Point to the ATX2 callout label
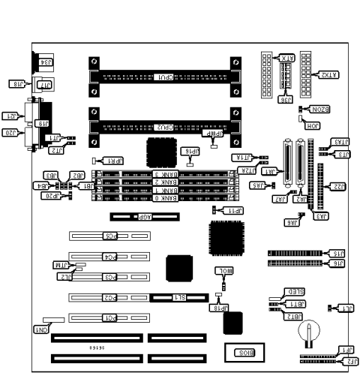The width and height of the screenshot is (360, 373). click(327, 75)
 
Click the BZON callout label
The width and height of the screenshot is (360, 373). click(315, 110)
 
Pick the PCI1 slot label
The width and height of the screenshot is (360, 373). click(111, 317)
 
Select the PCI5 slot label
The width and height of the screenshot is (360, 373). click(111, 236)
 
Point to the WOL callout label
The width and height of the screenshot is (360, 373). click(224, 269)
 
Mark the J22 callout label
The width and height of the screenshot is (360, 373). click(338, 186)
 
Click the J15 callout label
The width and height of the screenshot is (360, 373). click(337, 254)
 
